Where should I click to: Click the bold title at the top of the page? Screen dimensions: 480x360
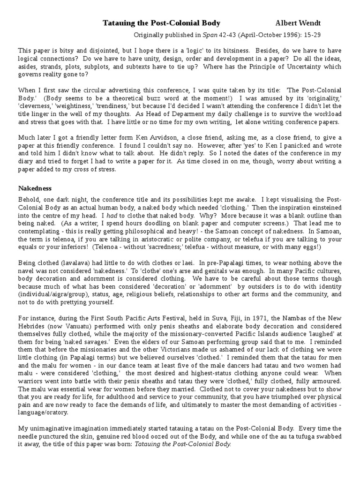pyautogui.click(x=161, y=23)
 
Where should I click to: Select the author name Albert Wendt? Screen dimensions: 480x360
pyautogui.click(x=298, y=23)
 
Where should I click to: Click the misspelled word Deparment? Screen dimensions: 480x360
pyautogui.click(x=162, y=114)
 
